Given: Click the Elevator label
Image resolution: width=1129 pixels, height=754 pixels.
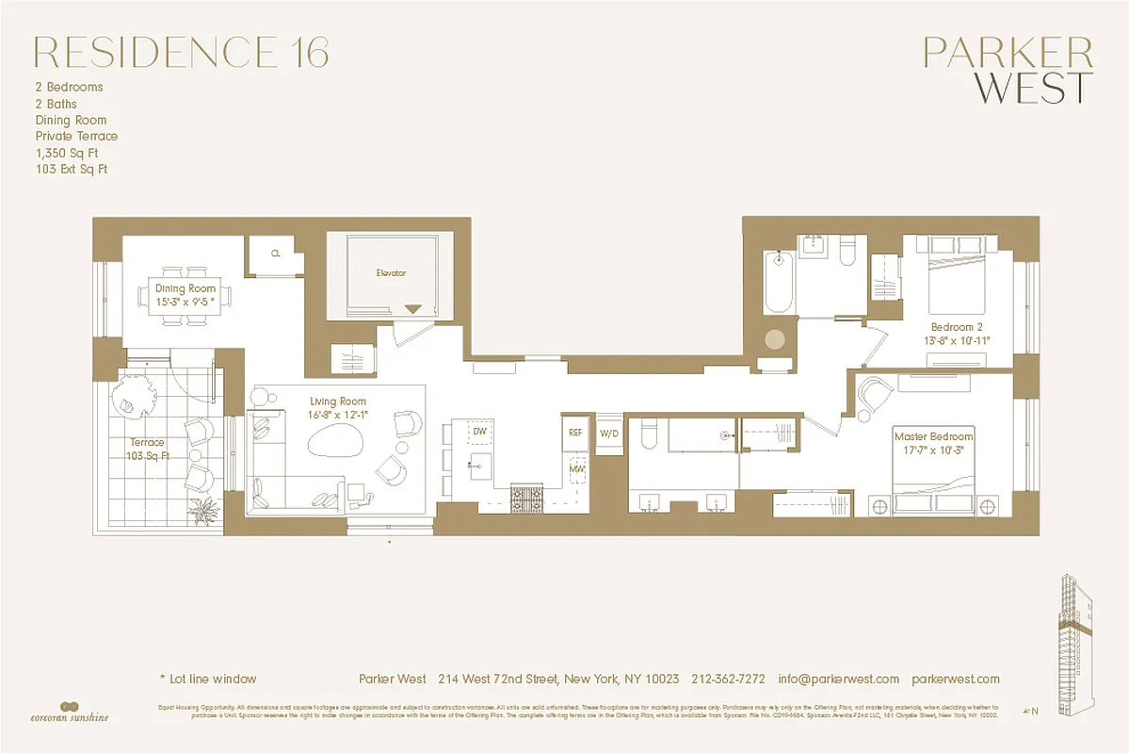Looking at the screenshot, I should coord(390,273).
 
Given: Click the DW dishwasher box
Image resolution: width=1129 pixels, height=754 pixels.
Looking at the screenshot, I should coord(479,432).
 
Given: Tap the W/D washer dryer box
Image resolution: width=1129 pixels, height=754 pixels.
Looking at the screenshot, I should coord(610,434).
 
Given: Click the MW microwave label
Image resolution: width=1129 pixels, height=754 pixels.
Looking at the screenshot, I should coord(576,467).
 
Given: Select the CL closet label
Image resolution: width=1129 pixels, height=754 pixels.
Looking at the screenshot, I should coord(275,254).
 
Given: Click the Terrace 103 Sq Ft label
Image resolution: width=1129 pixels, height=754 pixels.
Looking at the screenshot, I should coord(147,450).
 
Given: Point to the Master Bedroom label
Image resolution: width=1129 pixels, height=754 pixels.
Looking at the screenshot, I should coord(933,437).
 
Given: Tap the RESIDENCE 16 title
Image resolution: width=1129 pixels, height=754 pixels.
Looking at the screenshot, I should coord(182,53).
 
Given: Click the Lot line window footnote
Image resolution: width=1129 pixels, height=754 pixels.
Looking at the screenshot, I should coord(207,679).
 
